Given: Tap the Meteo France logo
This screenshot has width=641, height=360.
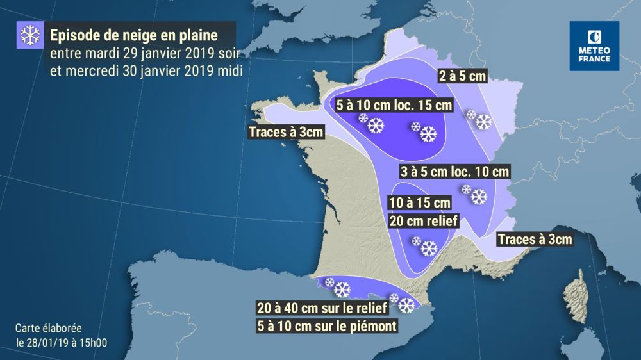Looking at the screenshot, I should (594, 45).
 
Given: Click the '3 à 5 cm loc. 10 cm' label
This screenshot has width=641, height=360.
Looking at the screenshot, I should (454, 172).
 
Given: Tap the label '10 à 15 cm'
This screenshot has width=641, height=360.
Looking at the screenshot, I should (420, 203).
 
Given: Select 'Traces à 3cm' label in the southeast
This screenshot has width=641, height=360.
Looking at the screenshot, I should (534, 240).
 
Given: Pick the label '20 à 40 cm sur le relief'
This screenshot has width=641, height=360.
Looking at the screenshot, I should (321, 309).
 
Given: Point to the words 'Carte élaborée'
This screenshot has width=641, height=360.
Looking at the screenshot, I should (49, 328).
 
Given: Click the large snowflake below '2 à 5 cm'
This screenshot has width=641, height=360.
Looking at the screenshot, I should (483, 122).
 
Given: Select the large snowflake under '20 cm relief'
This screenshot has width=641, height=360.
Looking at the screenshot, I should (428, 249).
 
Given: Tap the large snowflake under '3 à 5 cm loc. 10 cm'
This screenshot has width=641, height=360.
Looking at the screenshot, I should (478, 197).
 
